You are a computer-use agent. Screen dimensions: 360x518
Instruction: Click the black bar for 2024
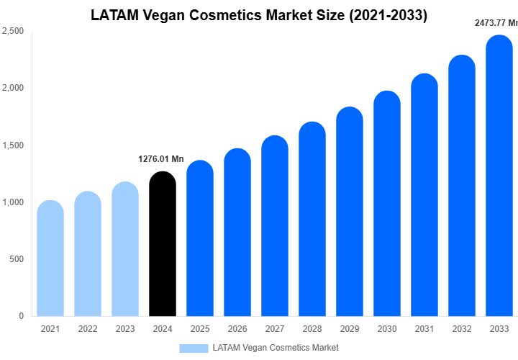tap(163, 245)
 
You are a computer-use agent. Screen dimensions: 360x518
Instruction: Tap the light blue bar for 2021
tap(50, 259)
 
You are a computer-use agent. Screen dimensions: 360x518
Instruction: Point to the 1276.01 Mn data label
tap(161, 158)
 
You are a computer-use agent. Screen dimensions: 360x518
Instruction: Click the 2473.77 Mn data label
tap(496, 23)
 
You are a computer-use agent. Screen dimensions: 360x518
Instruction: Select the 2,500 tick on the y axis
tap(13, 32)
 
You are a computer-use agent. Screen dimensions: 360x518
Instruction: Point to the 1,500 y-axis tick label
tap(13, 145)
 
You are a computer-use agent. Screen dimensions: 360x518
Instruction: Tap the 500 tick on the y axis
tap(17, 259)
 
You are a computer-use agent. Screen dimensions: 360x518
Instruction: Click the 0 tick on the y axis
tap(21, 316)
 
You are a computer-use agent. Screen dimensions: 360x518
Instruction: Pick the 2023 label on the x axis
tap(125, 329)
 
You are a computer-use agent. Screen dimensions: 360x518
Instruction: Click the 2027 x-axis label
tap(275, 329)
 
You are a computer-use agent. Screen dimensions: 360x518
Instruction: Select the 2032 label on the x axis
tap(462, 329)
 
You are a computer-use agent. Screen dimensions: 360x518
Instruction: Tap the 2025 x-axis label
tap(200, 329)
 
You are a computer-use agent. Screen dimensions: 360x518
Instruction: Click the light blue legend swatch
tap(193, 348)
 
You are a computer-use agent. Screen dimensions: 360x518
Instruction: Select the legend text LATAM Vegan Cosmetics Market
tap(276, 348)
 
